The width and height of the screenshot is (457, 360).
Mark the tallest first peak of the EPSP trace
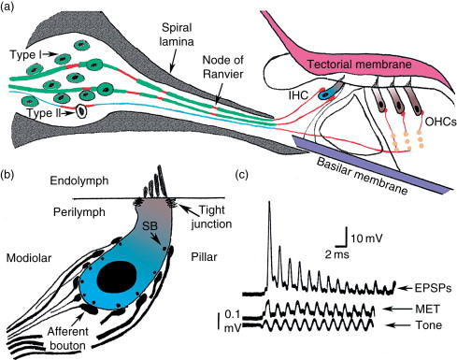(270, 203)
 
